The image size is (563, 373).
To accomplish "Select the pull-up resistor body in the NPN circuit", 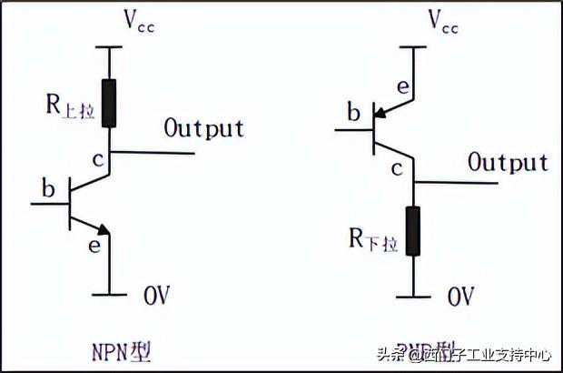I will [110, 103].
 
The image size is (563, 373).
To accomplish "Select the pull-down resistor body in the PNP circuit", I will [414, 230].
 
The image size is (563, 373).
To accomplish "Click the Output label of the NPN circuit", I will [204, 127].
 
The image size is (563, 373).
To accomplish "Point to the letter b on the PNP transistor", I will [353, 114].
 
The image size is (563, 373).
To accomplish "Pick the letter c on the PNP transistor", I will [396, 168].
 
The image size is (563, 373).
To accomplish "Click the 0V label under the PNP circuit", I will [460, 296].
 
